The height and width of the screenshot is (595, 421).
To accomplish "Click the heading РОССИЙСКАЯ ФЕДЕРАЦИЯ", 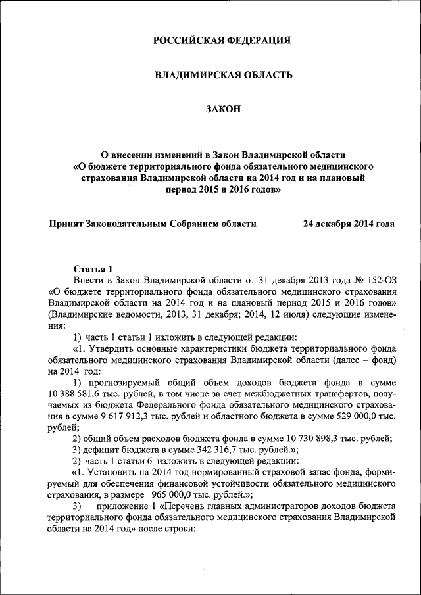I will click(x=222, y=41).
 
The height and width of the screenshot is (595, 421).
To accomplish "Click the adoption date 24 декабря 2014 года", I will click(x=349, y=223).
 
